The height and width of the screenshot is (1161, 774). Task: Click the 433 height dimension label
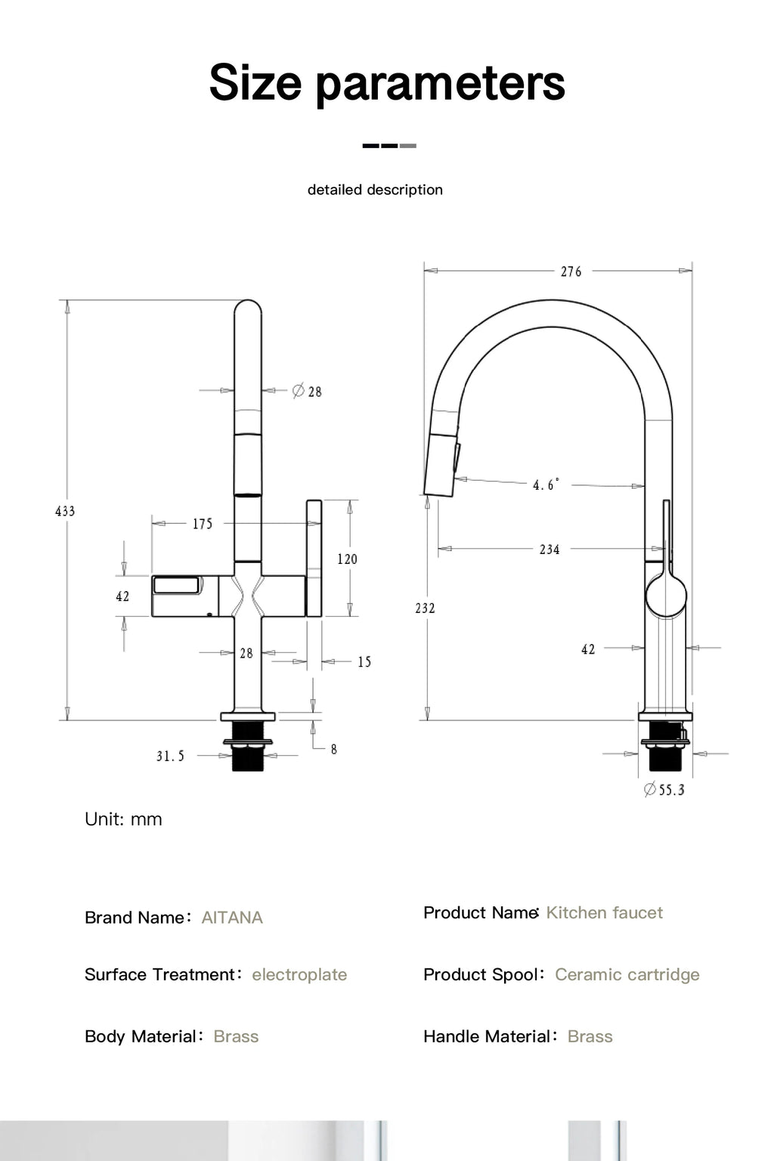tap(65, 512)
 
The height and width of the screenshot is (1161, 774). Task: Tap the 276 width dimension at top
tap(571, 271)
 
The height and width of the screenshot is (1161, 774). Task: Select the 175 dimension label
tap(203, 524)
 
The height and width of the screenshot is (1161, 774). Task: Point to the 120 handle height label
tap(347, 559)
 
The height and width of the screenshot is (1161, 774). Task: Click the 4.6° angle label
tap(546, 485)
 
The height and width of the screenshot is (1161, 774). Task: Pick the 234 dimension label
tap(550, 550)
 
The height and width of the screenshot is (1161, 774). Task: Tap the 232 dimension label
tap(425, 608)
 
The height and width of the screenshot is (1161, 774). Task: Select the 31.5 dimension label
tap(170, 756)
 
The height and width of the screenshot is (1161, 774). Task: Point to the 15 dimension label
tap(364, 662)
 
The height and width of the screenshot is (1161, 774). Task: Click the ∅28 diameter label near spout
tap(307, 392)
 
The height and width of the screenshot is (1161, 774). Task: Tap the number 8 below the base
tap(333, 749)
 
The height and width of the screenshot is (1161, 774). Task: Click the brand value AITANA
tap(232, 918)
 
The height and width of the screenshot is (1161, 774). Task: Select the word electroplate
tap(299, 974)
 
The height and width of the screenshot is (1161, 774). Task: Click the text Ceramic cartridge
tap(627, 974)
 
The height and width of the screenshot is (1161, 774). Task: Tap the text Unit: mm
tap(123, 819)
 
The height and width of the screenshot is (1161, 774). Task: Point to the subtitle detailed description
tap(375, 190)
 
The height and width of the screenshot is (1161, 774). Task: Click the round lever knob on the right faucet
tap(666, 595)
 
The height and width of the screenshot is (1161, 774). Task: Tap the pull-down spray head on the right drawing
tap(442, 463)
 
